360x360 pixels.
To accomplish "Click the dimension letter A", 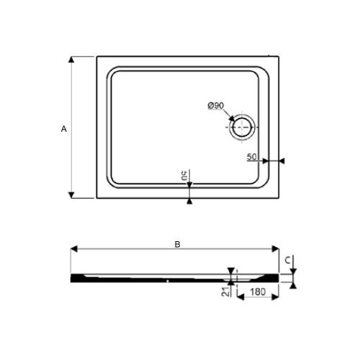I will point(64,128).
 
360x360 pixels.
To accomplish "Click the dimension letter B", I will point(178,244).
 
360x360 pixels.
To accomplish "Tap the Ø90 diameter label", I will point(215,106).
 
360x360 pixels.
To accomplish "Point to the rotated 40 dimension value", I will point(184,175).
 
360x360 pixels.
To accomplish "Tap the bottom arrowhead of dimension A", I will point(71,195).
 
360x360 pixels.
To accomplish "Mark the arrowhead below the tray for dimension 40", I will point(189,202).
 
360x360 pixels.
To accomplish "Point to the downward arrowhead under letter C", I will point(294,271).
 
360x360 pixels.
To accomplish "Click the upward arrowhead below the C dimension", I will point(294,284).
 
